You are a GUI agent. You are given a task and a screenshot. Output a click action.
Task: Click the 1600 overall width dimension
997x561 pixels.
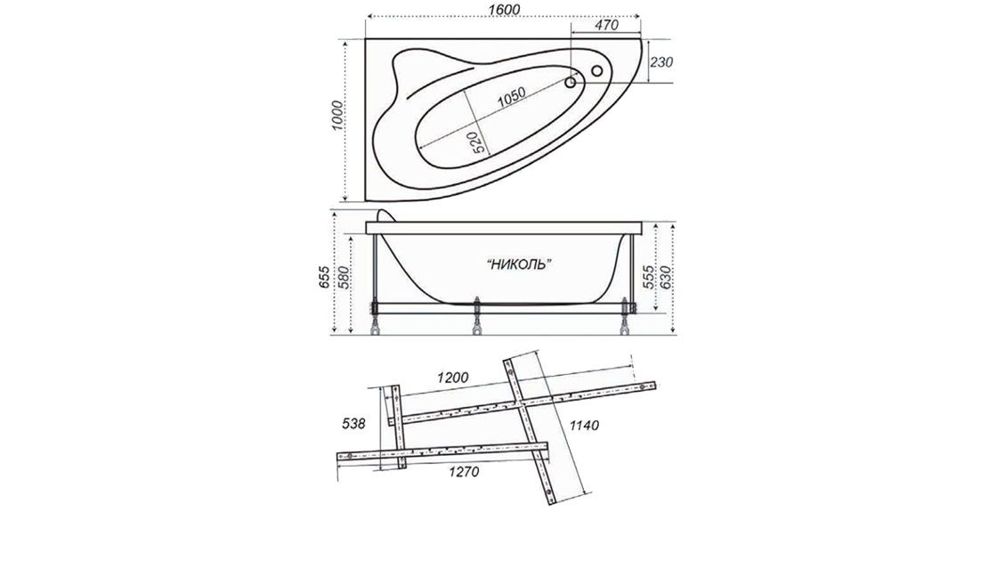click(x=504, y=8)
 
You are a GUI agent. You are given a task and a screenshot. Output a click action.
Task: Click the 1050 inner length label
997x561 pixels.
click(x=511, y=95)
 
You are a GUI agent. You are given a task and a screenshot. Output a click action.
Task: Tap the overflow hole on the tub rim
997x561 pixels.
click(x=597, y=71)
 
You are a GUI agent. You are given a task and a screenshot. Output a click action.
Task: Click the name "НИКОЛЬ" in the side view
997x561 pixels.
click(x=520, y=264)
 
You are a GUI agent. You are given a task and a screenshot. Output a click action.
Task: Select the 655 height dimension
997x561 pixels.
click(x=325, y=278)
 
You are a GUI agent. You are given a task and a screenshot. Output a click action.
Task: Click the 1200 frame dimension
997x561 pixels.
click(x=453, y=378)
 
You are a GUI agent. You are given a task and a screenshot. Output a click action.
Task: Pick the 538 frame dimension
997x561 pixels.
click(x=354, y=425)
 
